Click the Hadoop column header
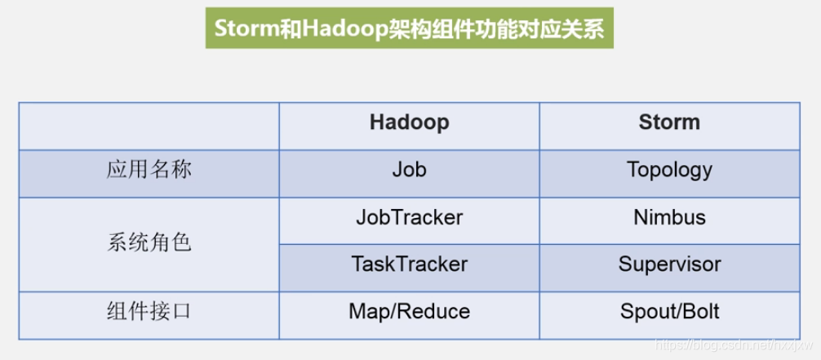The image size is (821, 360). pos(409,122)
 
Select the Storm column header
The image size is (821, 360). pos(669,122)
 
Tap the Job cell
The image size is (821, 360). pos(409,169)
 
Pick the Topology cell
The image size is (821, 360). pos(669,171)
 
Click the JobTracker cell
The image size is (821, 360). pos(410,217)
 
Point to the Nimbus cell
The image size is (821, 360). pos(669,217)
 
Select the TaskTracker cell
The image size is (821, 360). pos(410,264)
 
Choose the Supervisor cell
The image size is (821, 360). pos(669,264)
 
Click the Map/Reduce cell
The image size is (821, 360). pos(410,311)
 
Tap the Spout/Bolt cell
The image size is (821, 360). pos(669,312)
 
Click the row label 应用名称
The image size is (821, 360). pos(149,170)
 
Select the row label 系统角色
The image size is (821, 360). pos(149,243)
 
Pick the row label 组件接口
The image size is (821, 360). pos(149,312)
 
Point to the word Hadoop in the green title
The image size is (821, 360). pos(339,29)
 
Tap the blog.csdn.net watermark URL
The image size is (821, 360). pos(733,344)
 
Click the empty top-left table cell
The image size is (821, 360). pos(149,127)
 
